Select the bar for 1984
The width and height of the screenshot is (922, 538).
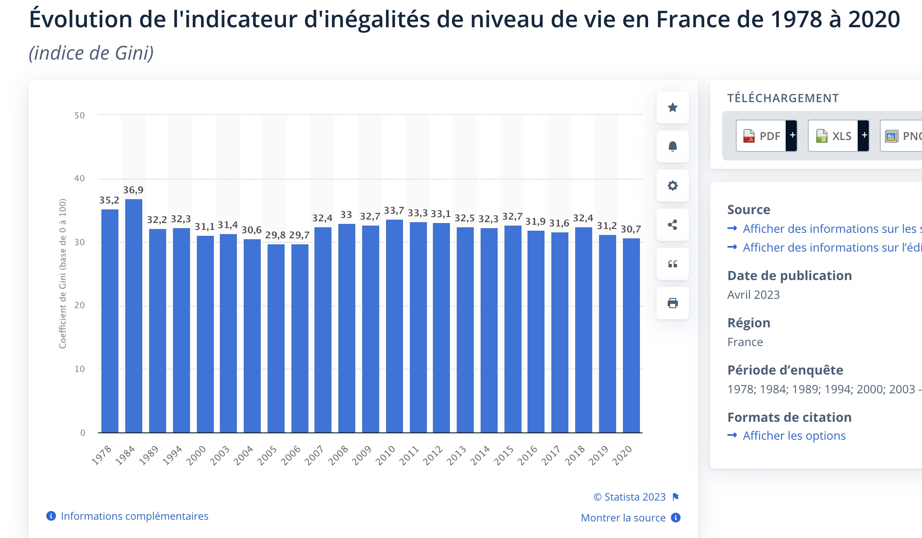[134, 316]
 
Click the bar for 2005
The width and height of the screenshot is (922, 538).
[276, 338]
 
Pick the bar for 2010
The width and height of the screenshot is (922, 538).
[395, 326]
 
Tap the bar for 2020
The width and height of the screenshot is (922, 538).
[631, 335]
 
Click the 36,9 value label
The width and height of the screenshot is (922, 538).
[133, 190]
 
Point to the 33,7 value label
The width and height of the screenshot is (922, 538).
[394, 210]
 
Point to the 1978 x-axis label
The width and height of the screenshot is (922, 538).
[101, 455]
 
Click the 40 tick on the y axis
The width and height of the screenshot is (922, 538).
[80, 178]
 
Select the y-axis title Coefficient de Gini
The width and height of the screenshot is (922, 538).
[63, 273]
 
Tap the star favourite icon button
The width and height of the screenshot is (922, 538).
[673, 107]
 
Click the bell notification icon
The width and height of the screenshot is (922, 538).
[673, 146]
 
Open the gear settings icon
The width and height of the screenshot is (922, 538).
[673, 186]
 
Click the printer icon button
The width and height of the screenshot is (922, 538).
[673, 303]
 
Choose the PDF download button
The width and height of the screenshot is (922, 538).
[762, 136]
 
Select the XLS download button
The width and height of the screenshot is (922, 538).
[834, 136]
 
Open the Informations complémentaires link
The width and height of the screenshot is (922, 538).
[134, 516]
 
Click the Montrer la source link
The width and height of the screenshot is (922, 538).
[623, 518]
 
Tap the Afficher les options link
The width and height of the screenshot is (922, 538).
[794, 435]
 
